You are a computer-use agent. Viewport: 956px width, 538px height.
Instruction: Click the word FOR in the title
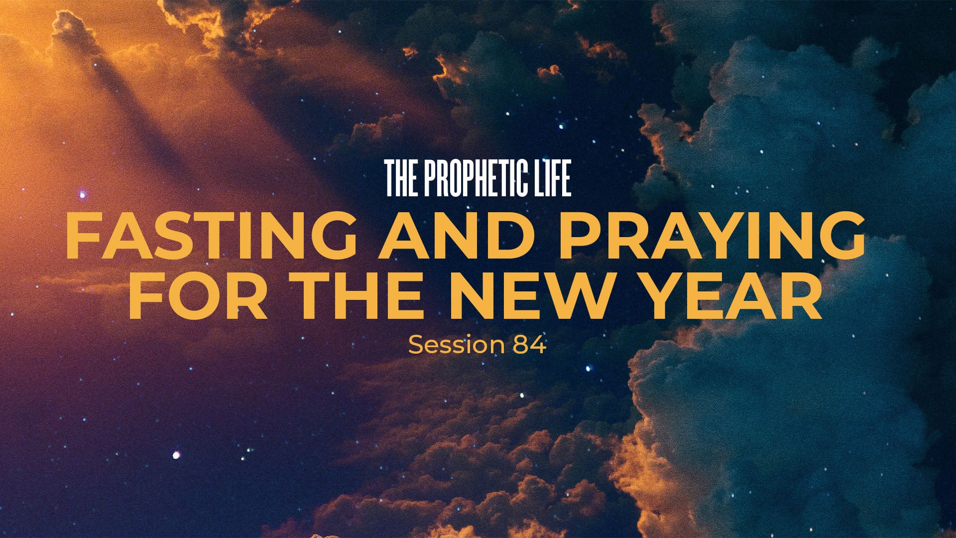[x=198, y=295]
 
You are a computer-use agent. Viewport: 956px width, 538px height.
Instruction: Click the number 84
[x=529, y=345]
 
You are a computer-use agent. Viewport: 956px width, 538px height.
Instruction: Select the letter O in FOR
[x=193, y=295]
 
